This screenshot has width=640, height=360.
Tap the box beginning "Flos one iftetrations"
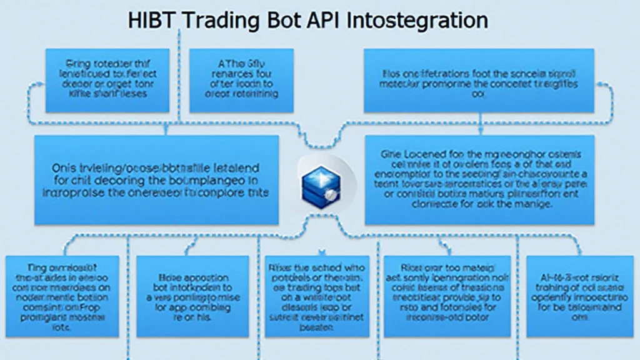pyautogui.click(x=479, y=81)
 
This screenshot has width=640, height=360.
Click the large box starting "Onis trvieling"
pyautogui.click(x=156, y=180)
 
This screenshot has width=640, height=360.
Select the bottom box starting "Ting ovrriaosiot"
pyautogui.click(x=61, y=295)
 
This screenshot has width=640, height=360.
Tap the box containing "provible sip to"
pyautogui.click(x=447, y=295)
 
